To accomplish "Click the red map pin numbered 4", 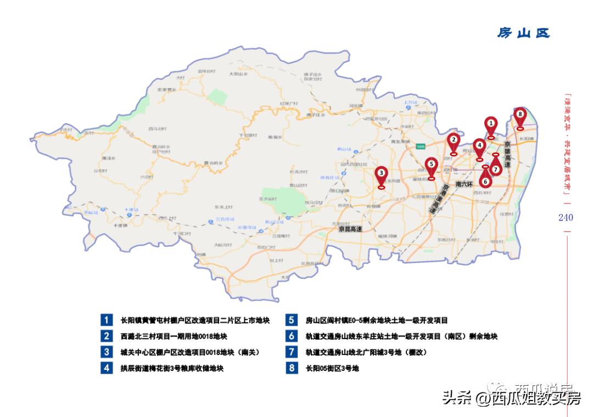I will [x=479, y=148].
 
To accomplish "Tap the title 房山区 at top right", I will [x=523, y=33].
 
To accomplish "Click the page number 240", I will [x=566, y=217].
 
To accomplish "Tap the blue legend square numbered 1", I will [x=107, y=320].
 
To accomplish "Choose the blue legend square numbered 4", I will [x=107, y=368].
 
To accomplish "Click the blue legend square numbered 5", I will [x=292, y=320].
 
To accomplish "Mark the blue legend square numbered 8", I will [x=292, y=368].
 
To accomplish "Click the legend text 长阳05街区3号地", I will [x=332, y=369].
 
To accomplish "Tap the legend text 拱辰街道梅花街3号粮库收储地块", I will [x=172, y=369].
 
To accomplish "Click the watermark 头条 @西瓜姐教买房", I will [x=511, y=398].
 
